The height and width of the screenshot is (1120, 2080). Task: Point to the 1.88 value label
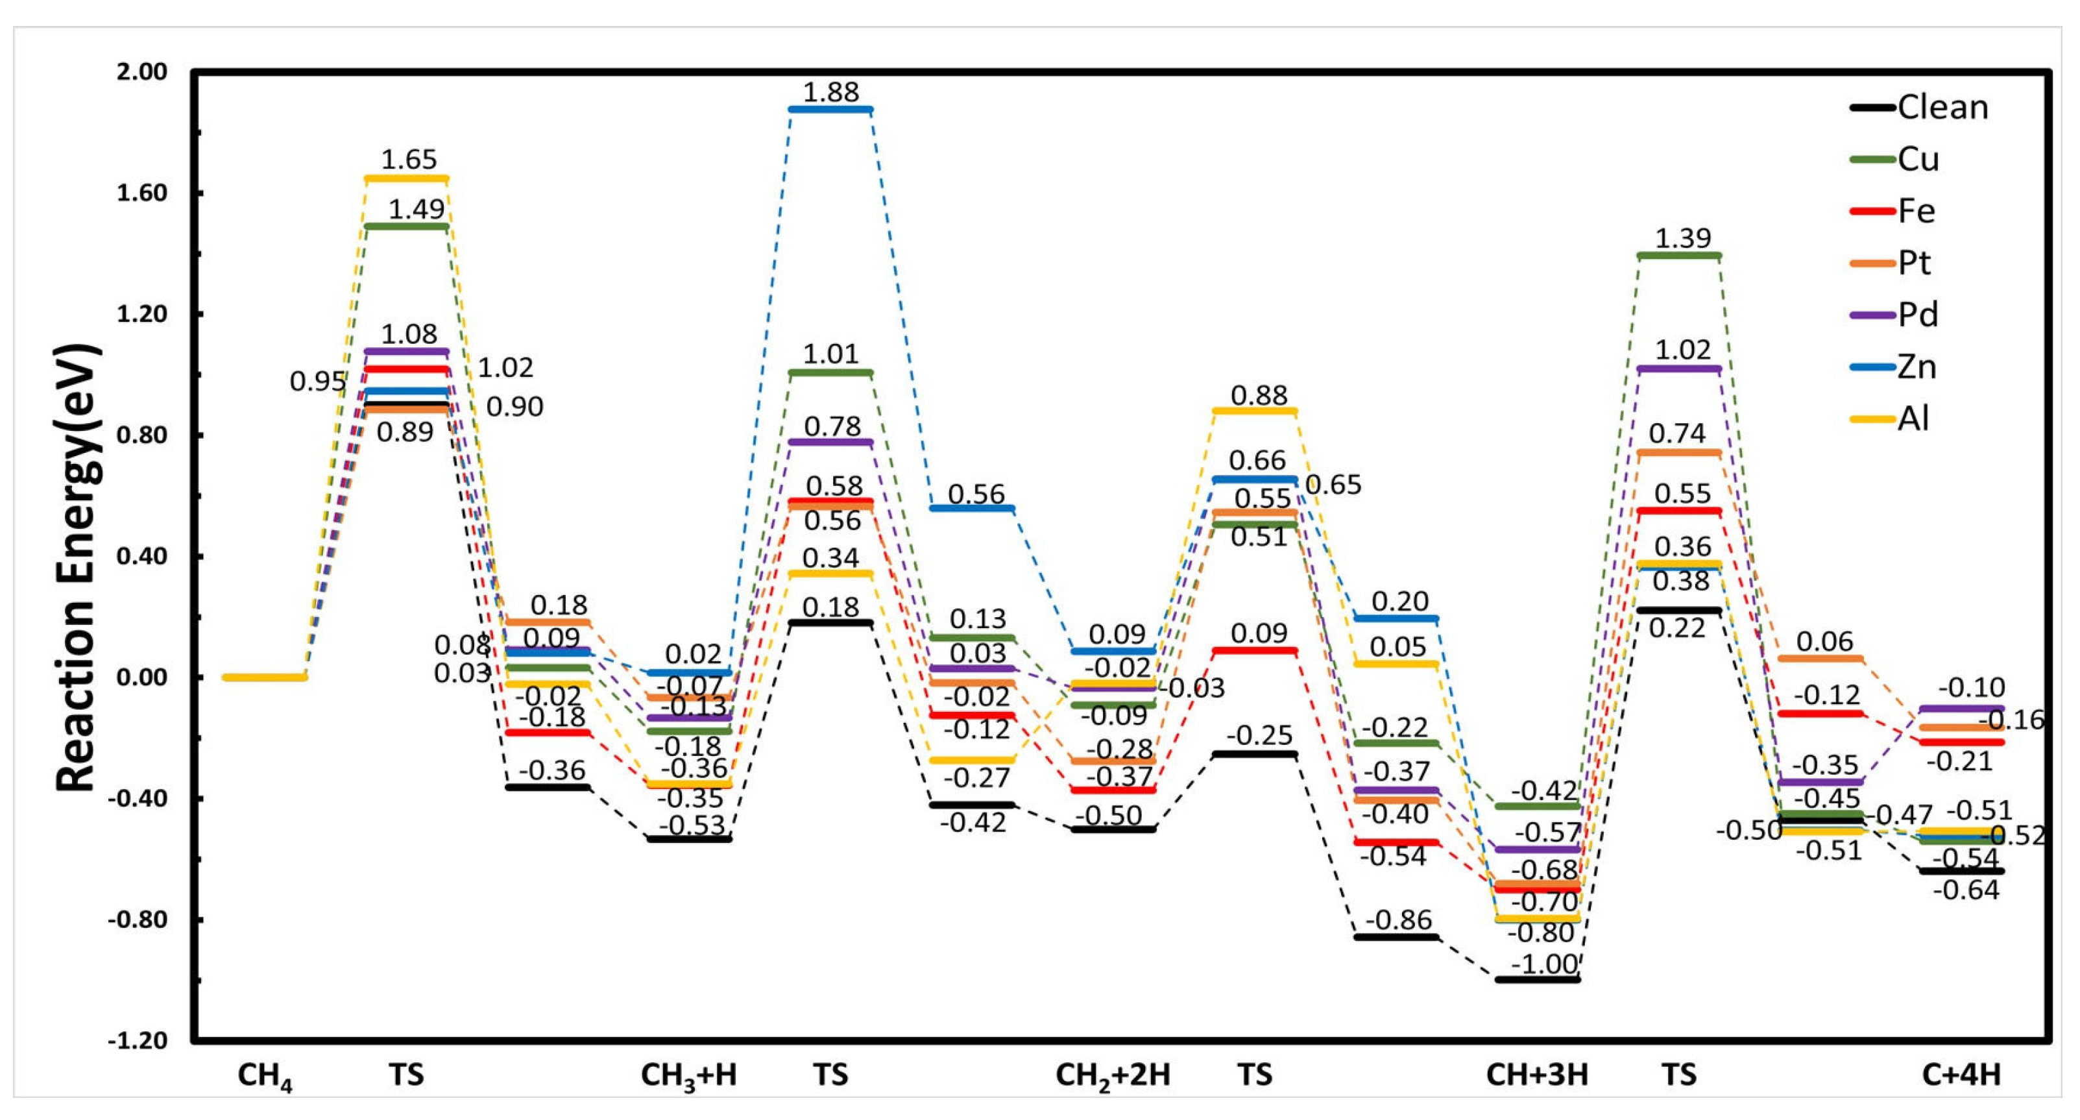pos(831,92)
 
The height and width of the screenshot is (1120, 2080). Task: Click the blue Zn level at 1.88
pos(831,109)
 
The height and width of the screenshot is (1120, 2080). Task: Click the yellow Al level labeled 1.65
pos(406,178)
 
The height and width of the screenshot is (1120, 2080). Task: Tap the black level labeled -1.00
pos(1538,979)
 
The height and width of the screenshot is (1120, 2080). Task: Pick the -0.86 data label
pos(1397,919)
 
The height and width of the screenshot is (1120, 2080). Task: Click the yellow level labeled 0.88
pos(1255,411)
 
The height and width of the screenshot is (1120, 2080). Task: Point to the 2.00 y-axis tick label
pos(142,72)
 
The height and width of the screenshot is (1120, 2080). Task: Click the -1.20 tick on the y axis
pos(139,1040)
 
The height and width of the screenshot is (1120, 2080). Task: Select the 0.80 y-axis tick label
pos(142,435)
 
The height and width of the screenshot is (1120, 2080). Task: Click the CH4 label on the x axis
pos(264,1076)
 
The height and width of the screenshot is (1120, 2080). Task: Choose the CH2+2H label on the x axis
pos(1113,1076)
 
